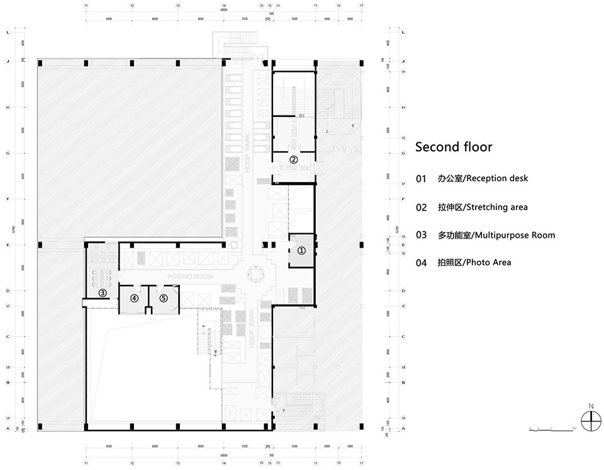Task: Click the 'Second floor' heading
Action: [454, 147]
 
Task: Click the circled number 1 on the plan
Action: [301, 250]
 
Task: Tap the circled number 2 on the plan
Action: [293, 159]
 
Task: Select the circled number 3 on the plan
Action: [102, 293]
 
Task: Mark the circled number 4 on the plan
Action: [134, 299]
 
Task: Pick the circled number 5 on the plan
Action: [164, 299]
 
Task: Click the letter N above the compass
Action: [590, 406]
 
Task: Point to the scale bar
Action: [552, 428]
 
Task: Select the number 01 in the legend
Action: [422, 179]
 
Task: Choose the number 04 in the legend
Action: [422, 262]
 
